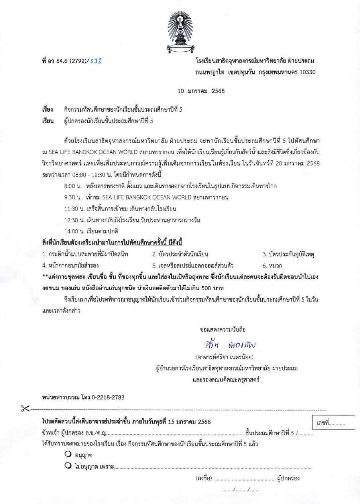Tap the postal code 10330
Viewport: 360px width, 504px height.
(x=307, y=73)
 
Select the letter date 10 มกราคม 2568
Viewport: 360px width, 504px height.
(x=201, y=91)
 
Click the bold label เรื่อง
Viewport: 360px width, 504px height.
(x=47, y=109)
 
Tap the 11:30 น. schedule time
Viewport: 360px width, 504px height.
(x=74, y=209)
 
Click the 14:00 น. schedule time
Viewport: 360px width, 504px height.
(x=74, y=231)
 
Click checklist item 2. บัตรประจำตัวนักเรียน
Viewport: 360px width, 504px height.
(x=180, y=254)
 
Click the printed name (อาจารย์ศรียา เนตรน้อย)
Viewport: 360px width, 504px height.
(x=225, y=356)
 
